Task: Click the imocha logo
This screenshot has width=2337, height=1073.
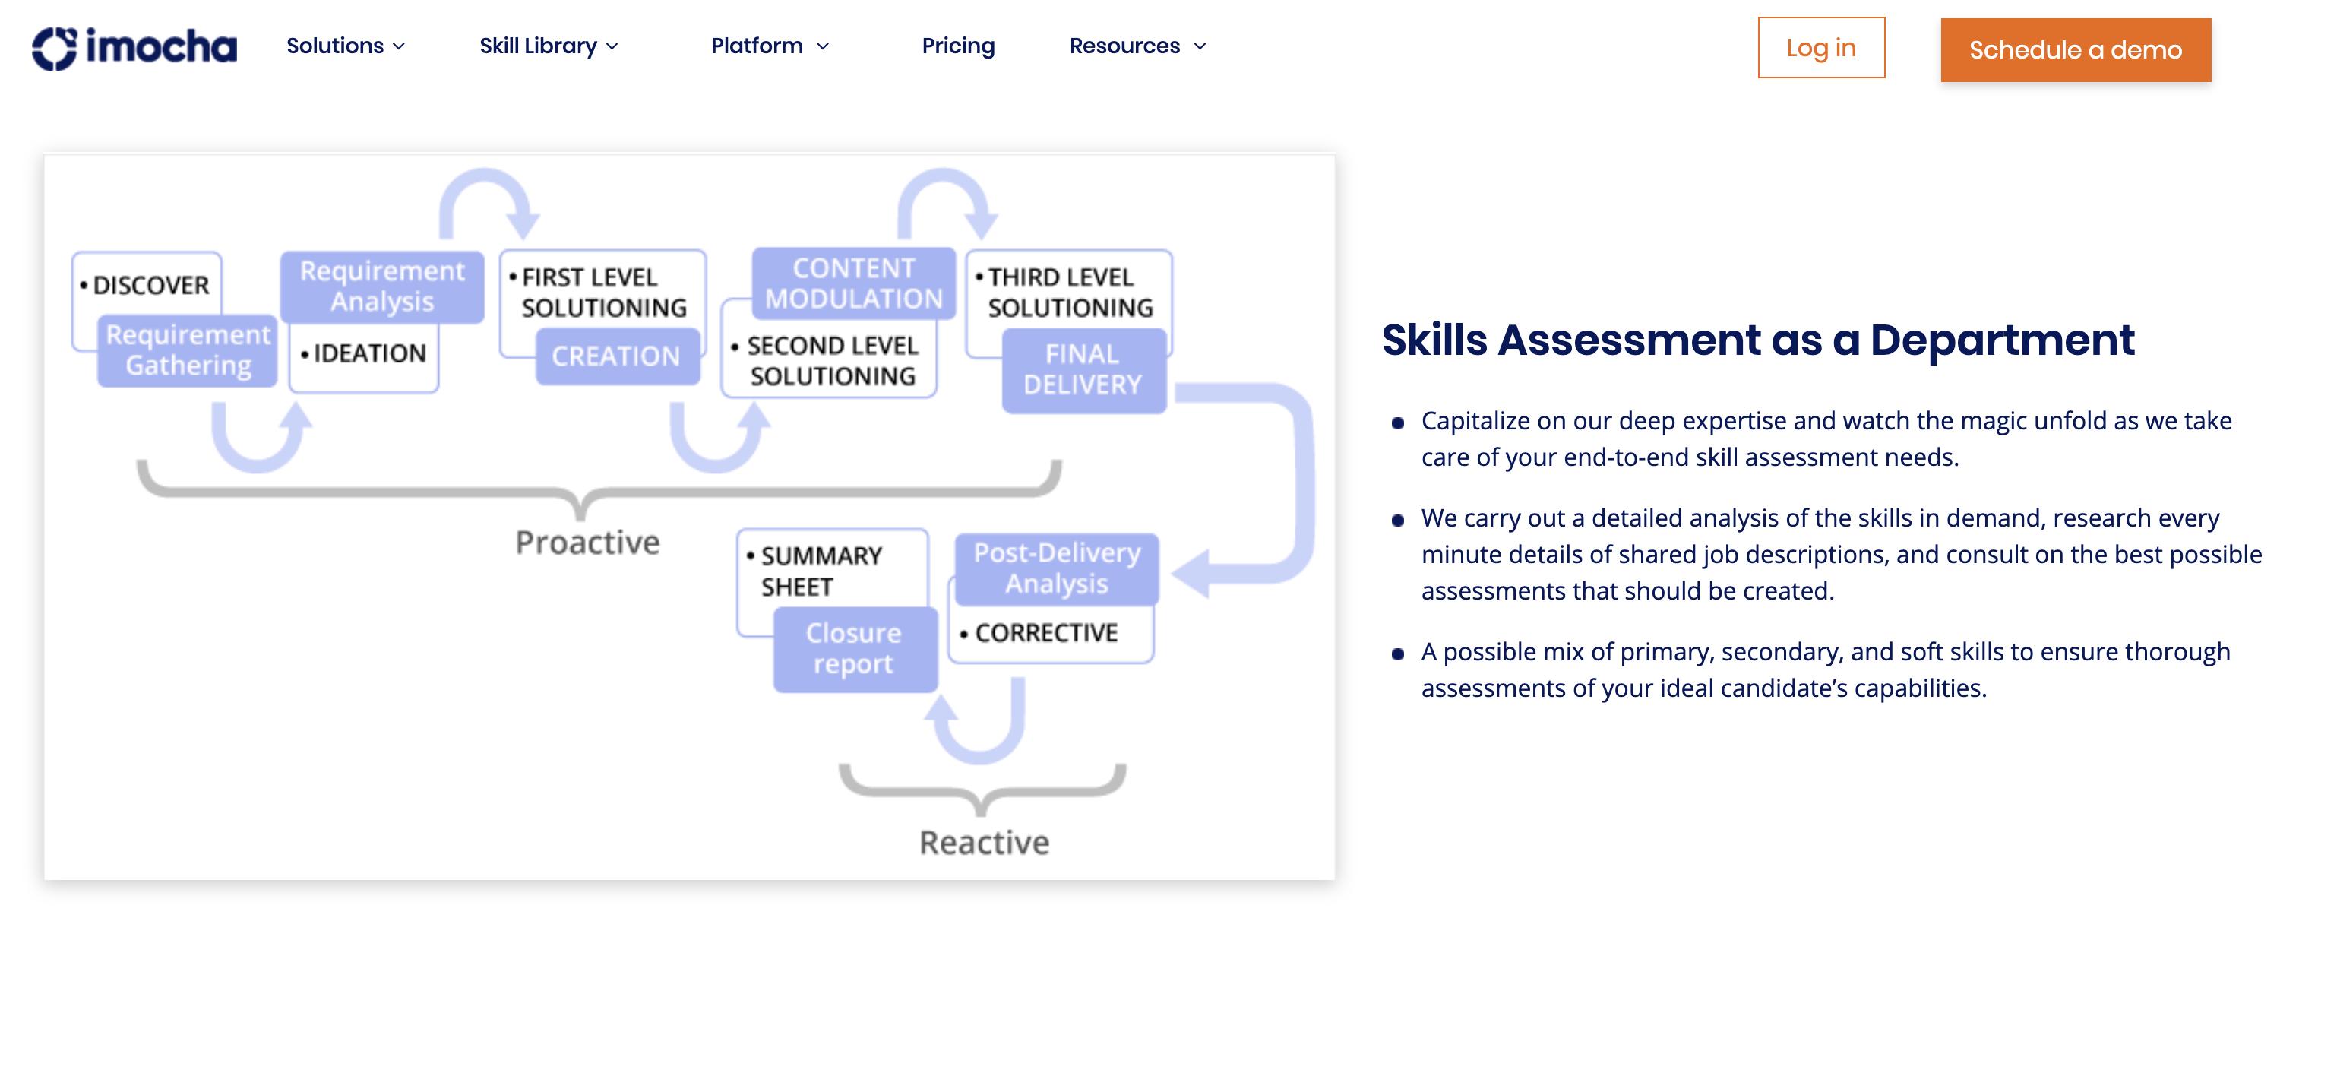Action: tap(134, 47)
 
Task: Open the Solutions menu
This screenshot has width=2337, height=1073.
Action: tap(345, 46)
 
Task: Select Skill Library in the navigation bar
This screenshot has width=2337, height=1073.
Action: tap(548, 46)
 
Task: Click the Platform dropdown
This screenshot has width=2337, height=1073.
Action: tap(770, 46)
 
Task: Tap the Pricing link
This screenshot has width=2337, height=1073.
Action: tap(958, 46)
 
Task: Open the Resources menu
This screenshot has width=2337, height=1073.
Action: tap(1137, 46)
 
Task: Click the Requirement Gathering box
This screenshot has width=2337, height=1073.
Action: tap(188, 350)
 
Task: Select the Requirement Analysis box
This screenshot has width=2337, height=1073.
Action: tap(382, 286)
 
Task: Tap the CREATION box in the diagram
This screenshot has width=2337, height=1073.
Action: tap(616, 356)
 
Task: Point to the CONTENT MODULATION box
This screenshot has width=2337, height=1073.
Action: tap(854, 283)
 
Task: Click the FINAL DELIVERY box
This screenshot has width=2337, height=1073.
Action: tap(1083, 369)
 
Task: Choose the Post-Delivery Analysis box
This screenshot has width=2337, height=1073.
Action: tap(1057, 568)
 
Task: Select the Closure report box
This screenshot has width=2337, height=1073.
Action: tap(854, 648)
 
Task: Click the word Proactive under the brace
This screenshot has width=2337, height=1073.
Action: tap(587, 542)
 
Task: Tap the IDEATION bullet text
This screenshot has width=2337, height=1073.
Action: tap(369, 353)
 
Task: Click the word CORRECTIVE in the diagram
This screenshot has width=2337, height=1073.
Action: tap(1046, 633)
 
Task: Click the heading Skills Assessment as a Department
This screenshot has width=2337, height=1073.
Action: tap(1757, 340)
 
